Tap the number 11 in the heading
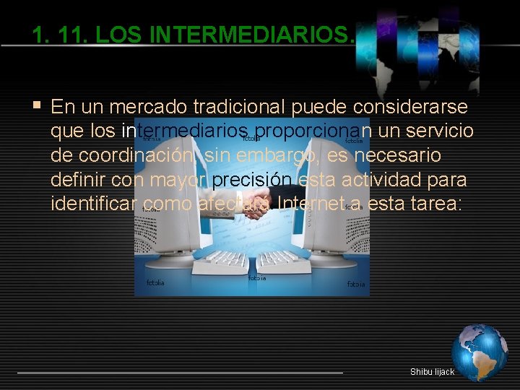click(66, 35)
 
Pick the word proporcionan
click(313, 132)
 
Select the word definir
click(78, 180)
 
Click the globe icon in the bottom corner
click(479, 352)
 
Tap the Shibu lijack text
click(432, 372)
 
